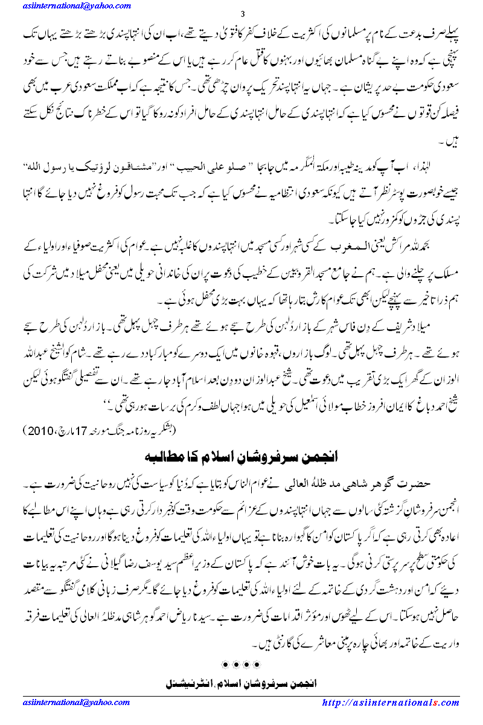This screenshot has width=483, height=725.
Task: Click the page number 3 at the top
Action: (x=242, y=14)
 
